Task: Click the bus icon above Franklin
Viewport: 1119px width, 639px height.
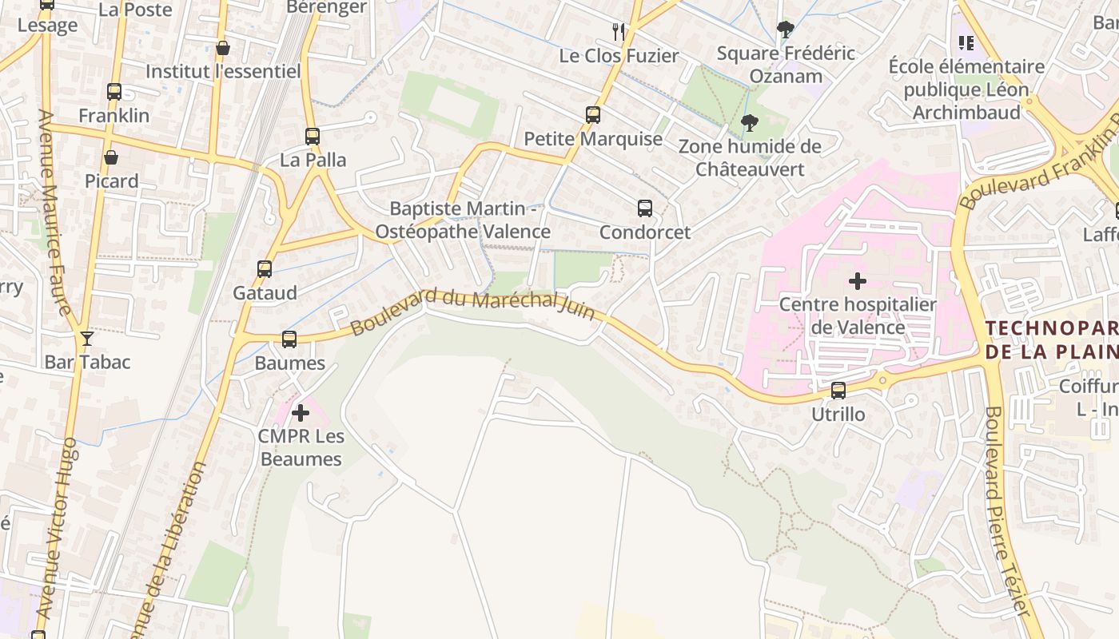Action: [x=114, y=91]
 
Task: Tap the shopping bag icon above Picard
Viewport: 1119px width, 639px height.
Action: [x=111, y=157]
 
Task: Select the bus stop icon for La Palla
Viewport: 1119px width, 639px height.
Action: [x=313, y=137]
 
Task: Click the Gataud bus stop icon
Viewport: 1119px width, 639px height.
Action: [x=265, y=269]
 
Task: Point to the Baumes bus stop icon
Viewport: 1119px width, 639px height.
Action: [x=289, y=339]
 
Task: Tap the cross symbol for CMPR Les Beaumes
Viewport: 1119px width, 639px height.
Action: [x=301, y=413]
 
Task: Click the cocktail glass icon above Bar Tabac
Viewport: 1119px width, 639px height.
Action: [x=87, y=339]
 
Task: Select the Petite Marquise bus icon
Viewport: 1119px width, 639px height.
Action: [x=593, y=114]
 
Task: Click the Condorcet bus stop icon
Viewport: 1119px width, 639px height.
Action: [x=645, y=208]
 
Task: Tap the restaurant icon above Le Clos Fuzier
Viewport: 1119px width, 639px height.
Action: [x=619, y=31]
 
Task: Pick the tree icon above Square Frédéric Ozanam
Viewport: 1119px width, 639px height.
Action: [x=786, y=30]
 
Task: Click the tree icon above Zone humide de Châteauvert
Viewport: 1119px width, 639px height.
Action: [x=750, y=122]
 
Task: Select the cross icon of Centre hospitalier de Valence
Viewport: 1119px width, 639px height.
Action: [x=858, y=281]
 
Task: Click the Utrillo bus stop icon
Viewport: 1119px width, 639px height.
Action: [x=838, y=391]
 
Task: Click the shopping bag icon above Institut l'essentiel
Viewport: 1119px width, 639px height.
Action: [x=223, y=48]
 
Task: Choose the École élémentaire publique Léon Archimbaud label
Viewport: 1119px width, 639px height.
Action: [x=966, y=89]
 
